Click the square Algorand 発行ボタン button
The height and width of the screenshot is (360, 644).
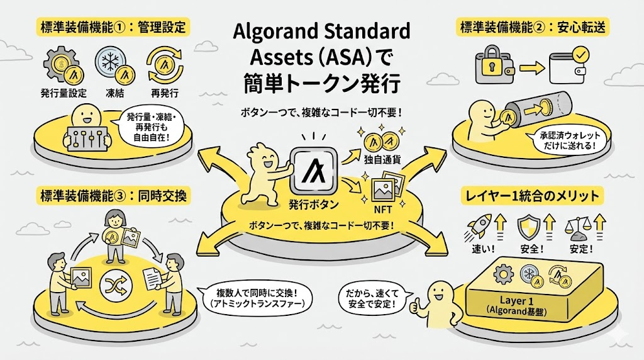(312, 172)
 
